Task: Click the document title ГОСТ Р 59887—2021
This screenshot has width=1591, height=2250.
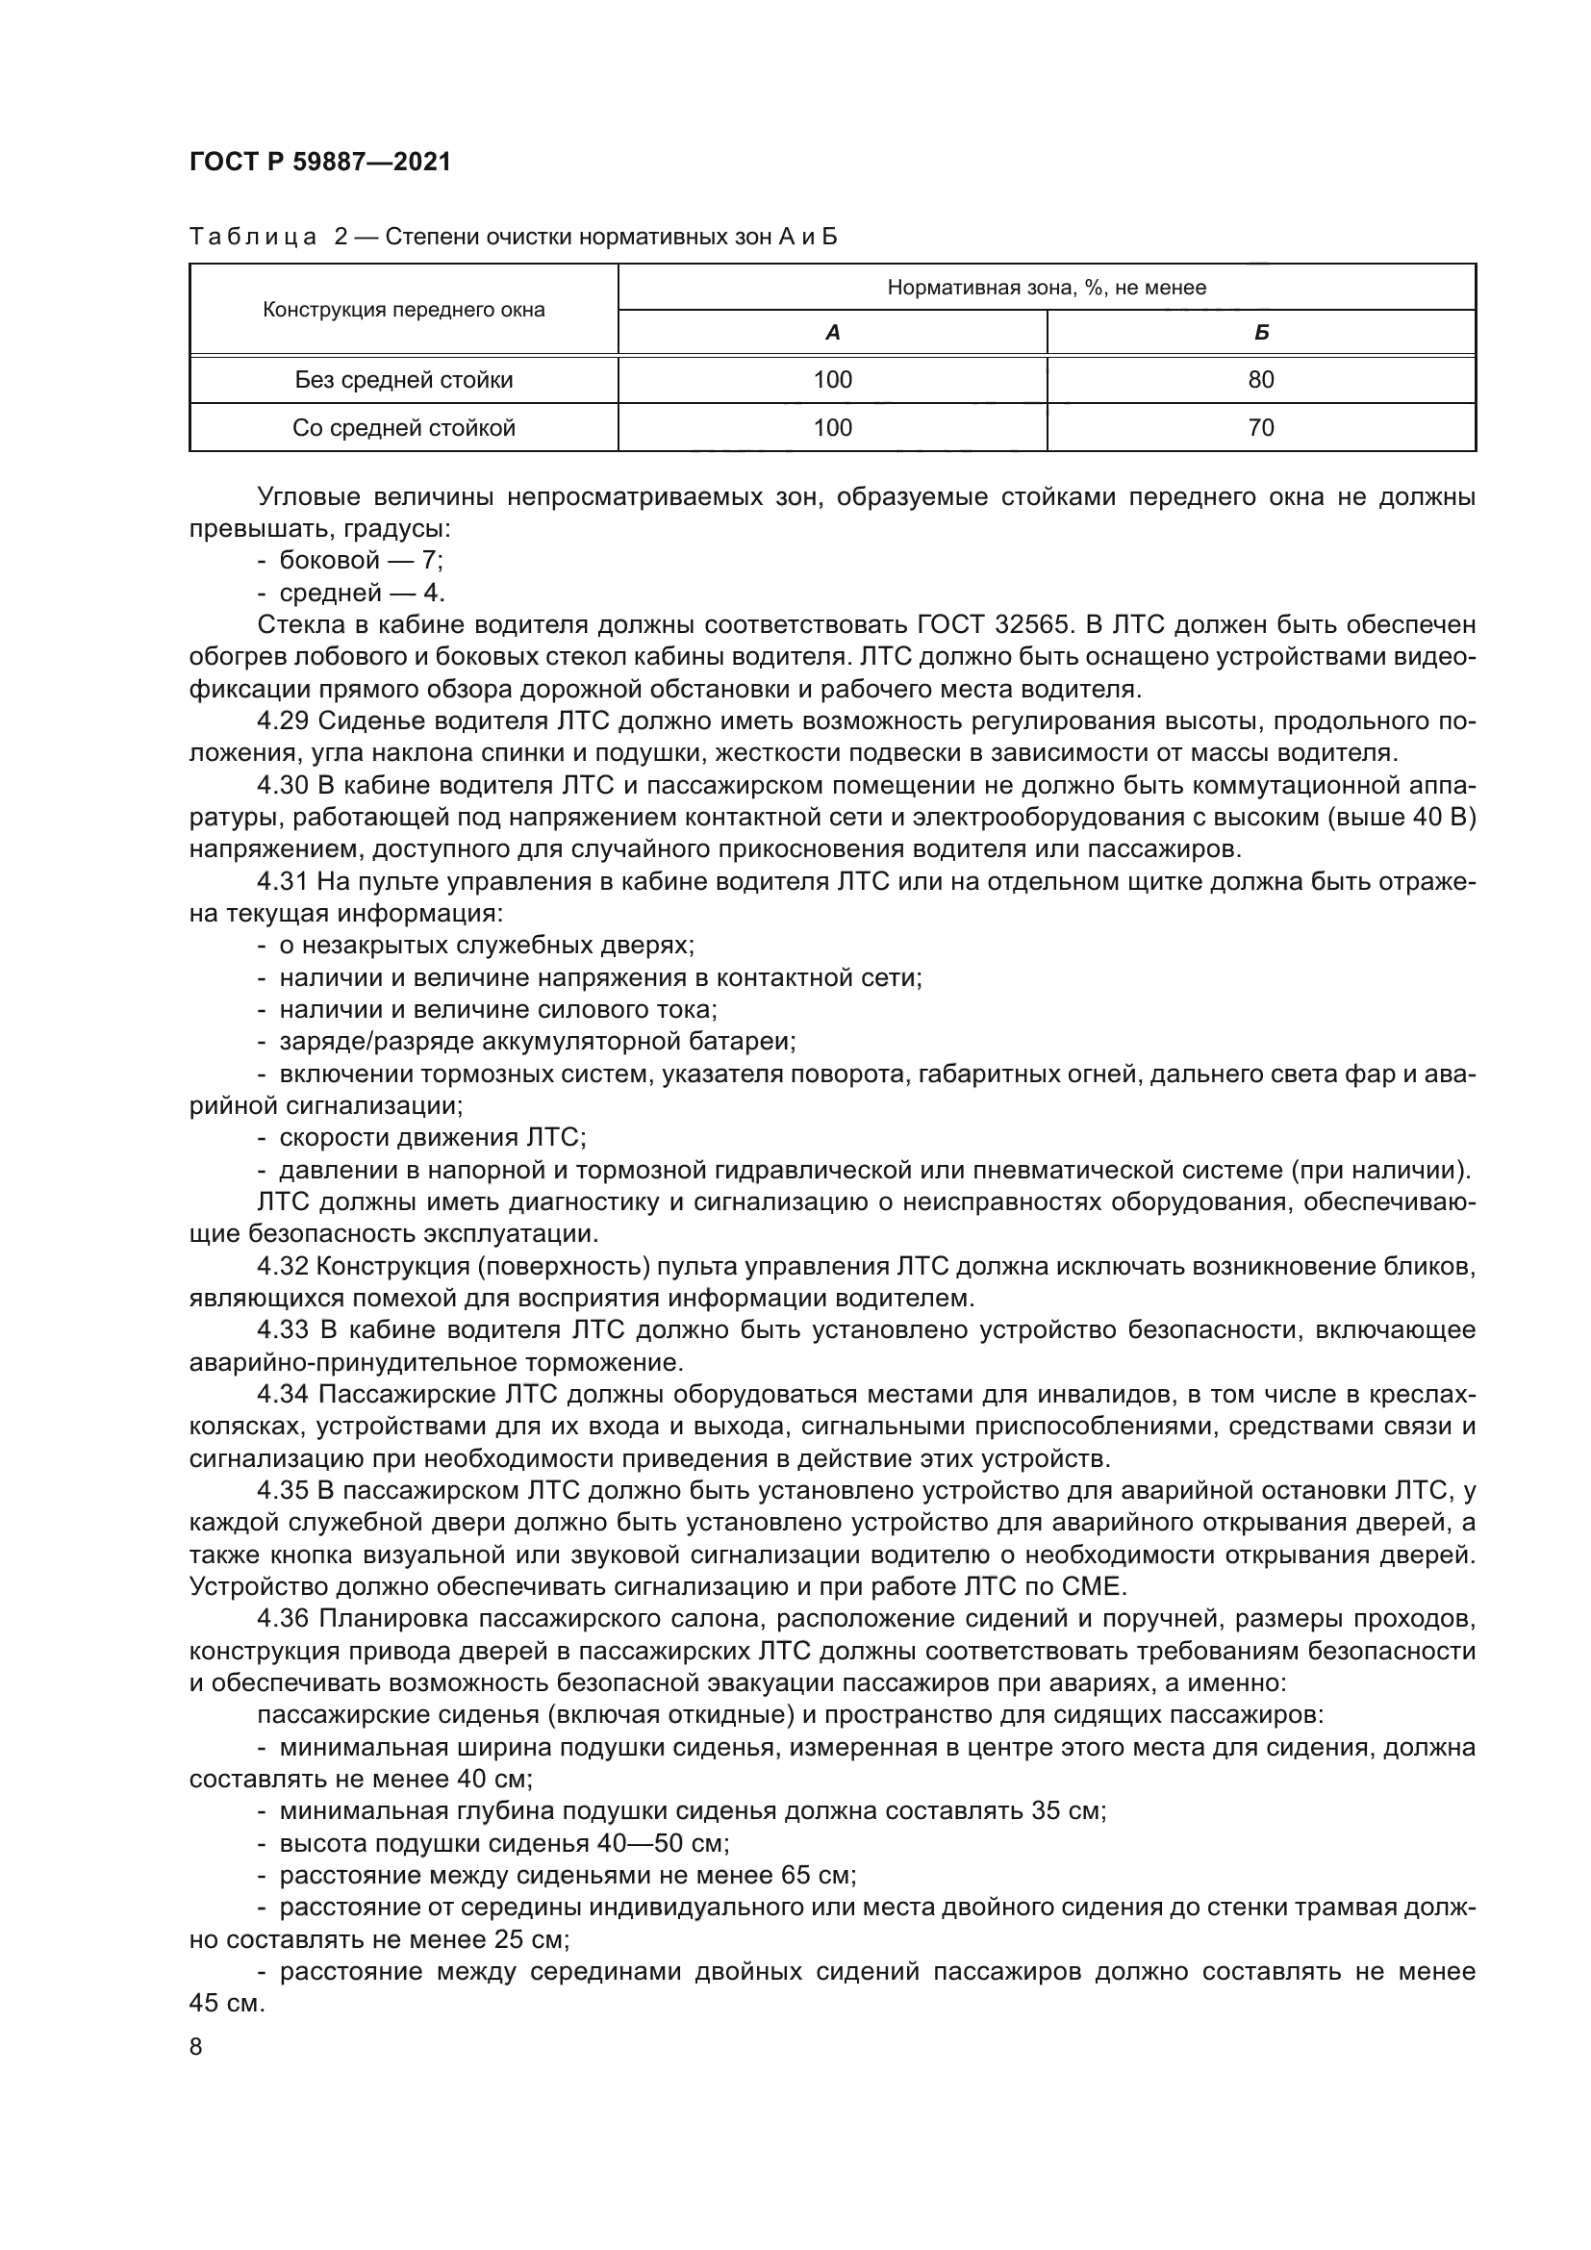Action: [320, 163]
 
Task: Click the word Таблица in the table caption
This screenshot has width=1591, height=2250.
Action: [253, 238]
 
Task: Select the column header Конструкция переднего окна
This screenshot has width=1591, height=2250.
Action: [404, 311]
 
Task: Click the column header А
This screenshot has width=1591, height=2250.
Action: [833, 333]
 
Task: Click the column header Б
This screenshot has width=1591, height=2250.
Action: [1261, 333]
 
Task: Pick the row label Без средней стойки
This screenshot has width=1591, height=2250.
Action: [404, 380]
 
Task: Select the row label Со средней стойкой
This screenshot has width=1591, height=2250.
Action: [404, 428]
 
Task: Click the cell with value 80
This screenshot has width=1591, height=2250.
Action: [1261, 380]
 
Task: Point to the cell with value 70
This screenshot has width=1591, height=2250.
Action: [1261, 428]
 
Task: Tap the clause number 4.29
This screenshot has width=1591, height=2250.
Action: [283, 722]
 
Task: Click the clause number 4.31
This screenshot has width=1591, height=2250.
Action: [283, 882]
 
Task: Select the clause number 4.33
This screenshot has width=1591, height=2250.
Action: [283, 1330]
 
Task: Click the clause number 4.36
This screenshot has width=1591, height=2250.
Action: [283, 1620]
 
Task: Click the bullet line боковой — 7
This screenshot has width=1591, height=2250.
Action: [361, 562]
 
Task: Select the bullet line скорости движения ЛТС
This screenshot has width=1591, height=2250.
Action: [432, 1139]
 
